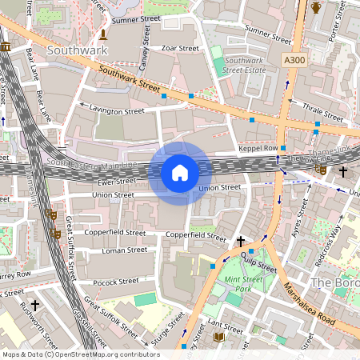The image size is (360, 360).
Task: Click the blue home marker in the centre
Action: [180, 172]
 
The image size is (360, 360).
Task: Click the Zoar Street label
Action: [179, 48]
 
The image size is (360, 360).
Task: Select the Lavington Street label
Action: [116, 110]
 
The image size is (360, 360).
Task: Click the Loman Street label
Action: [124, 250]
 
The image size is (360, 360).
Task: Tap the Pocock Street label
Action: [115, 282]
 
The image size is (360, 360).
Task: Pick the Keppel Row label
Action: [258, 149]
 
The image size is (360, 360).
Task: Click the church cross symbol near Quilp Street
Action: [240, 241]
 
